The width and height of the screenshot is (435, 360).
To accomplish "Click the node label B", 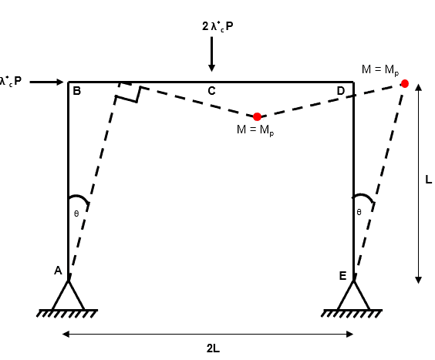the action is (76, 91).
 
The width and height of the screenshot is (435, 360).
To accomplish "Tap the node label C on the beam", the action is (211, 91).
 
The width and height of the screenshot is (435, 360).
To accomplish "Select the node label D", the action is (341, 91).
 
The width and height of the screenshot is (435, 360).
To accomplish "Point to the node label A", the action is (58, 271).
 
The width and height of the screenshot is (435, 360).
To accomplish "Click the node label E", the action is (342, 276).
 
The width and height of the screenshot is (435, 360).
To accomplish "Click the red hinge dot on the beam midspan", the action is (257, 116).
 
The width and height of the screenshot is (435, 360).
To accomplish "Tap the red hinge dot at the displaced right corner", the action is (405, 83).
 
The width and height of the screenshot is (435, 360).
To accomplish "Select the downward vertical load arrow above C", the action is (211, 54).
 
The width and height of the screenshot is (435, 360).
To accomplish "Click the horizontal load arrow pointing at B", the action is (46, 82).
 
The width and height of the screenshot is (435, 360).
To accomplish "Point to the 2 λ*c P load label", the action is (217, 27).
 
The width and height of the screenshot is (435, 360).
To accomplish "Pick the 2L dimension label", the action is (213, 348).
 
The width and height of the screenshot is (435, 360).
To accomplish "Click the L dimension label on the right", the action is (429, 180).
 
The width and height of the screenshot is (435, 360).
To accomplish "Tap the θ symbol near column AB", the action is (76, 214).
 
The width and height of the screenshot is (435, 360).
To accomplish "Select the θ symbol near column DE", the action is (359, 212).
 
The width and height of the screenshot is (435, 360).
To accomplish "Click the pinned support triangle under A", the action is (68, 295).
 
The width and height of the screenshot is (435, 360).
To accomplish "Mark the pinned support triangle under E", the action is (354, 295).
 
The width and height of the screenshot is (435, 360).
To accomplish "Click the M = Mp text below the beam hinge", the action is (255, 130).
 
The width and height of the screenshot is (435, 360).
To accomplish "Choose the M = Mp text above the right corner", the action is (380, 70).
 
